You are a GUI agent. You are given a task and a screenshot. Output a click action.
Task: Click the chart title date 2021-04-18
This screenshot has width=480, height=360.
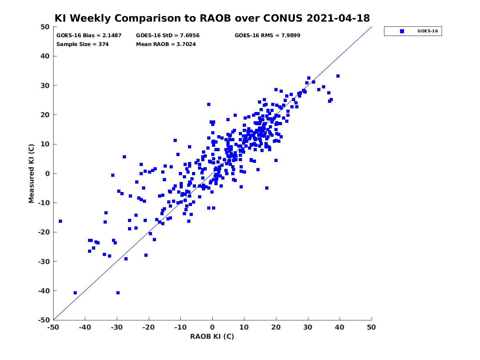pyautogui.click(x=338, y=18)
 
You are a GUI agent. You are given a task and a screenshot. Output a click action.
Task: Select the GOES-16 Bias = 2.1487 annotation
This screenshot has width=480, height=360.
pyautogui.click(x=89, y=36)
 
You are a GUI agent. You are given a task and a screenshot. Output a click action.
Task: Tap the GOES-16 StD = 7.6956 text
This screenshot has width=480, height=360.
pyautogui.click(x=168, y=36)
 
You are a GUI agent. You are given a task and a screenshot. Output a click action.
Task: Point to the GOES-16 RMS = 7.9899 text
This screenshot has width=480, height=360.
pyautogui.click(x=268, y=36)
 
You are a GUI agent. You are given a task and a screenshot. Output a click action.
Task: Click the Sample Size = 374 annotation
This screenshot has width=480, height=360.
pyautogui.click(x=82, y=44)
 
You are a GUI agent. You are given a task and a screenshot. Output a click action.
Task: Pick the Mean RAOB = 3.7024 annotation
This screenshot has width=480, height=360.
pyautogui.click(x=166, y=44)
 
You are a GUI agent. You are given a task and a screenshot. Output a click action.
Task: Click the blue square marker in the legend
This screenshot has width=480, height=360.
pyautogui.click(x=402, y=31)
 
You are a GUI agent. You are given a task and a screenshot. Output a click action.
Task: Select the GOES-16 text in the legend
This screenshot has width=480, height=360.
pyautogui.click(x=428, y=31)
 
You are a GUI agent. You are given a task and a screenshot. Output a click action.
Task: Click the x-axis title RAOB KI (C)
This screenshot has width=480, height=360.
pyautogui.click(x=212, y=336)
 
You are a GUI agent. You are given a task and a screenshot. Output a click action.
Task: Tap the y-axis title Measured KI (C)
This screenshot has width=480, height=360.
pyautogui.click(x=31, y=173)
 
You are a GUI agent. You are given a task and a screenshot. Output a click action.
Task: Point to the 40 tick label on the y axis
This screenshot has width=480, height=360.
pyautogui.click(x=45, y=56)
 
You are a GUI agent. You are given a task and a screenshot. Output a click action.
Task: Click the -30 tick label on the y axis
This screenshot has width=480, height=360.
pyautogui.click(x=44, y=262)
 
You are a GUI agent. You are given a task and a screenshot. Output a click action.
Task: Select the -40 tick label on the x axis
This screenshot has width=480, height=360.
pyautogui.click(x=85, y=327)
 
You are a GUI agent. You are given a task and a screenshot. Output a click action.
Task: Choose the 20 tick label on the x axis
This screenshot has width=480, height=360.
pyautogui.click(x=276, y=327)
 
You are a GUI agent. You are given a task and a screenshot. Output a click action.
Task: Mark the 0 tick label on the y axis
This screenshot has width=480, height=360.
pyautogui.click(x=48, y=174)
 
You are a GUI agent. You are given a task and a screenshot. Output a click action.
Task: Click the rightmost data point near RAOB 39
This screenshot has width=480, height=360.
pyautogui.click(x=338, y=76)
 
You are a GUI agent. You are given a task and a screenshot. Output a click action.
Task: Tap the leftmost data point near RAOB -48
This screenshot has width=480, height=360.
pyautogui.click(x=60, y=221)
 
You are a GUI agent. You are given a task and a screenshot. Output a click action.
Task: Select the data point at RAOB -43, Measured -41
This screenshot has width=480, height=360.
pyautogui.click(x=75, y=293)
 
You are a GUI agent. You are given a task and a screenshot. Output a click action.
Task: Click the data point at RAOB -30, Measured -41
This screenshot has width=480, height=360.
pyautogui.click(x=118, y=293)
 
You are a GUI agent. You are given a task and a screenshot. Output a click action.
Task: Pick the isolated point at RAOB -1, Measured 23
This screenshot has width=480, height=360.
pyautogui.click(x=209, y=104)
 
